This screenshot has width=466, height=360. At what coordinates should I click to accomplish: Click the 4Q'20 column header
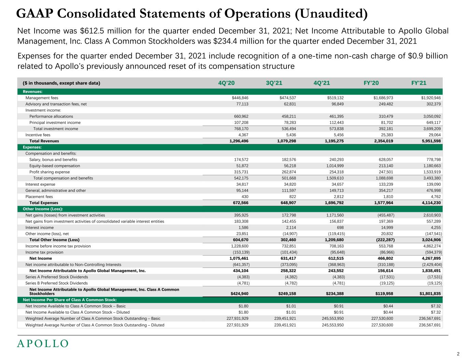pos(226,83)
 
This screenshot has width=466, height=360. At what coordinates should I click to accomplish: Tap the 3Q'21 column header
pos(274,83)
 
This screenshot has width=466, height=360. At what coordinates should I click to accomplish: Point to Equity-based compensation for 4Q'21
pos(335,166)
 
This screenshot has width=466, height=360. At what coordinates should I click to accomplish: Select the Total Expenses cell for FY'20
pos(384,203)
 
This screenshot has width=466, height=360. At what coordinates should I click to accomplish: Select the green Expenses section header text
pos(32,147)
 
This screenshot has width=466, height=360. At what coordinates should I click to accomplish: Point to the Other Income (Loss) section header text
pos(43,209)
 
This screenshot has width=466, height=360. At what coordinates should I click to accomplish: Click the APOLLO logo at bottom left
pos(43,344)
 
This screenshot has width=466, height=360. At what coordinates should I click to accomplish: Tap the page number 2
pos(458,354)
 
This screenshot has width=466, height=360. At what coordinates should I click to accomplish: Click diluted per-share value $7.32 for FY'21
pos(436,312)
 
